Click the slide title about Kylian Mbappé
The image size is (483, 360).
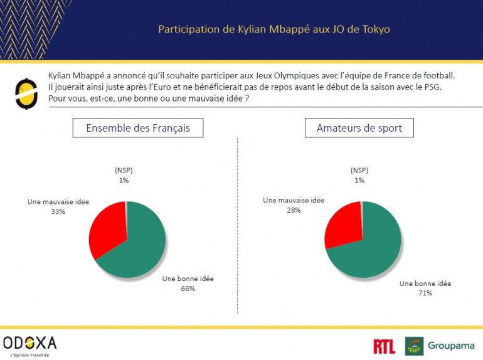[273, 29]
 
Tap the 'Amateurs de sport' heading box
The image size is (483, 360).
[359, 129]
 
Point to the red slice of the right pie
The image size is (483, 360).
[342, 223]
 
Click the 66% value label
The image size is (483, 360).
[188, 289]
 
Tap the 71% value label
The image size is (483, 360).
[425, 293]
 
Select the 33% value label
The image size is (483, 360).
[58, 212]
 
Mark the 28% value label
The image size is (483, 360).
[294, 210]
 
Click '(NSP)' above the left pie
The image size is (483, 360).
[124, 171]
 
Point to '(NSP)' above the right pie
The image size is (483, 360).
[359, 171]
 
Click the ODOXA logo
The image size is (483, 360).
[29, 344]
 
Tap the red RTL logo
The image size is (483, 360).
[384, 346]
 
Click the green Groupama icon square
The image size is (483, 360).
[414, 346]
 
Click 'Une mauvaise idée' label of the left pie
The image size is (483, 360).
[58, 202]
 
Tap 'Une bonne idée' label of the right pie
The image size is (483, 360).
[425, 283]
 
